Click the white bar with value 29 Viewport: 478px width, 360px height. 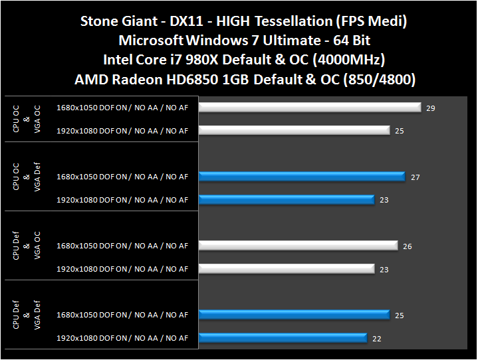(x=310, y=107)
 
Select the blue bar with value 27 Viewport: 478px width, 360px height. (x=302, y=176)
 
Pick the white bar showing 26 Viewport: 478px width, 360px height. (x=298, y=246)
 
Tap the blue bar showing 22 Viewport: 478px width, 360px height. (x=283, y=338)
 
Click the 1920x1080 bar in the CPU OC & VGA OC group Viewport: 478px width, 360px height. (x=294, y=130)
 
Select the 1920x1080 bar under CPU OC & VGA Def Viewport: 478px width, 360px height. (x=287, y=199)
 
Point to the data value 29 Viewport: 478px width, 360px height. (x=431, y=108)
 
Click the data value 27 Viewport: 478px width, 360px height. (x=415, y=177)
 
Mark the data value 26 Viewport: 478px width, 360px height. (x=408, y=246)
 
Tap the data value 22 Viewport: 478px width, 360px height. (x=377, y=339)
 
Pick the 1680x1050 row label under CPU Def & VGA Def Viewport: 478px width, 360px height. (x=122, y=315)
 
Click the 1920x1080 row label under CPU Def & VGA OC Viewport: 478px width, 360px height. (x=122, y=269)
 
